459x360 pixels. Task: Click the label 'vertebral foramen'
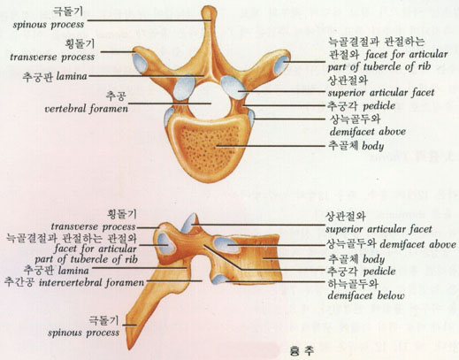pos(87,109)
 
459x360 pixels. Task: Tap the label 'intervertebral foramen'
pos(91,282)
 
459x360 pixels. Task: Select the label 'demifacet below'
pos(366,295)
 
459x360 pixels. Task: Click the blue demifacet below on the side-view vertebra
pos(219,279)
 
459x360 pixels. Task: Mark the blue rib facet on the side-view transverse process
pos(166,243)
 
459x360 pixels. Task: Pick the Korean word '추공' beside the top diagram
pos(117,96)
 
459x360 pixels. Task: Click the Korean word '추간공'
pos(20,282)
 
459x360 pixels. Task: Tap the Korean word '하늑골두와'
pos(353,283)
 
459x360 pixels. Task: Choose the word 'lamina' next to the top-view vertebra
pos(72,77)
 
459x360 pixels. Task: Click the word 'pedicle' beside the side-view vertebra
pos(379,272)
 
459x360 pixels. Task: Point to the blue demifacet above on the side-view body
pos(228,244)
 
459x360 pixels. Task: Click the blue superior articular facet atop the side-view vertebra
pos(189,223)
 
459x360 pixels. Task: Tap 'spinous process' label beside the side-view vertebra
pos(83,333)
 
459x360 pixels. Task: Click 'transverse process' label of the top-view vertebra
pos(52,57)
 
